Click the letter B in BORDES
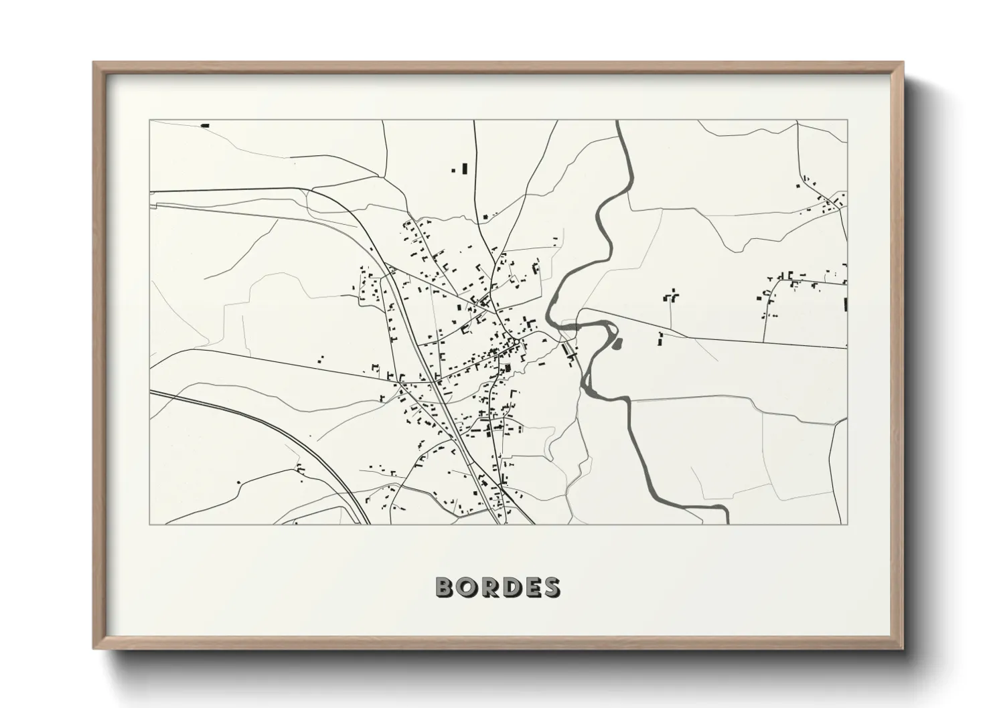(445, 588)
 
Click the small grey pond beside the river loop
(617, 344)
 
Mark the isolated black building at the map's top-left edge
(205, 125)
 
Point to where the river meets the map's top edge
(617, 121)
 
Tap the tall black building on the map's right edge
(845, 304)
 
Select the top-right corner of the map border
(847, 120)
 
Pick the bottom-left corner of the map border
(150, 524)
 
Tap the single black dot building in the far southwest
(238, 482)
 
